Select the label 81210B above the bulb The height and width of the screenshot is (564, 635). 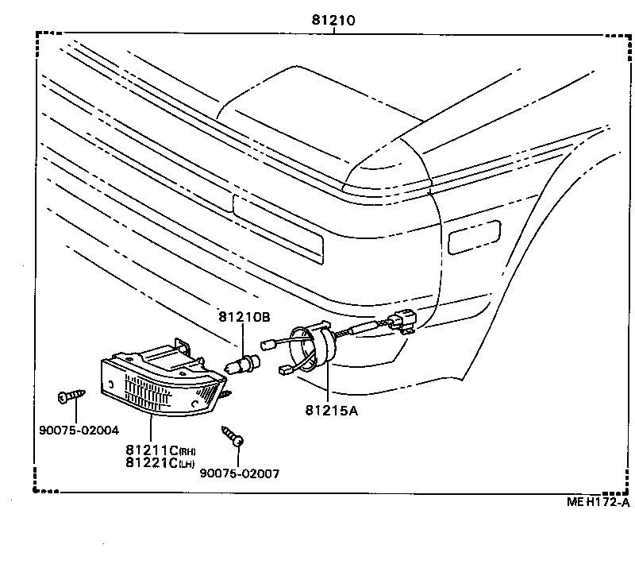point(244,317)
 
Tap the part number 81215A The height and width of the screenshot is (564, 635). point(331,410)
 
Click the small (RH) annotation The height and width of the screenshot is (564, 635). point(188,451)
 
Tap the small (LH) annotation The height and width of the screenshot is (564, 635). point(188,464)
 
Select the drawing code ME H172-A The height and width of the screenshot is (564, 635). point(598,501)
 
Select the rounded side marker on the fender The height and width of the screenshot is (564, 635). point(474,236)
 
